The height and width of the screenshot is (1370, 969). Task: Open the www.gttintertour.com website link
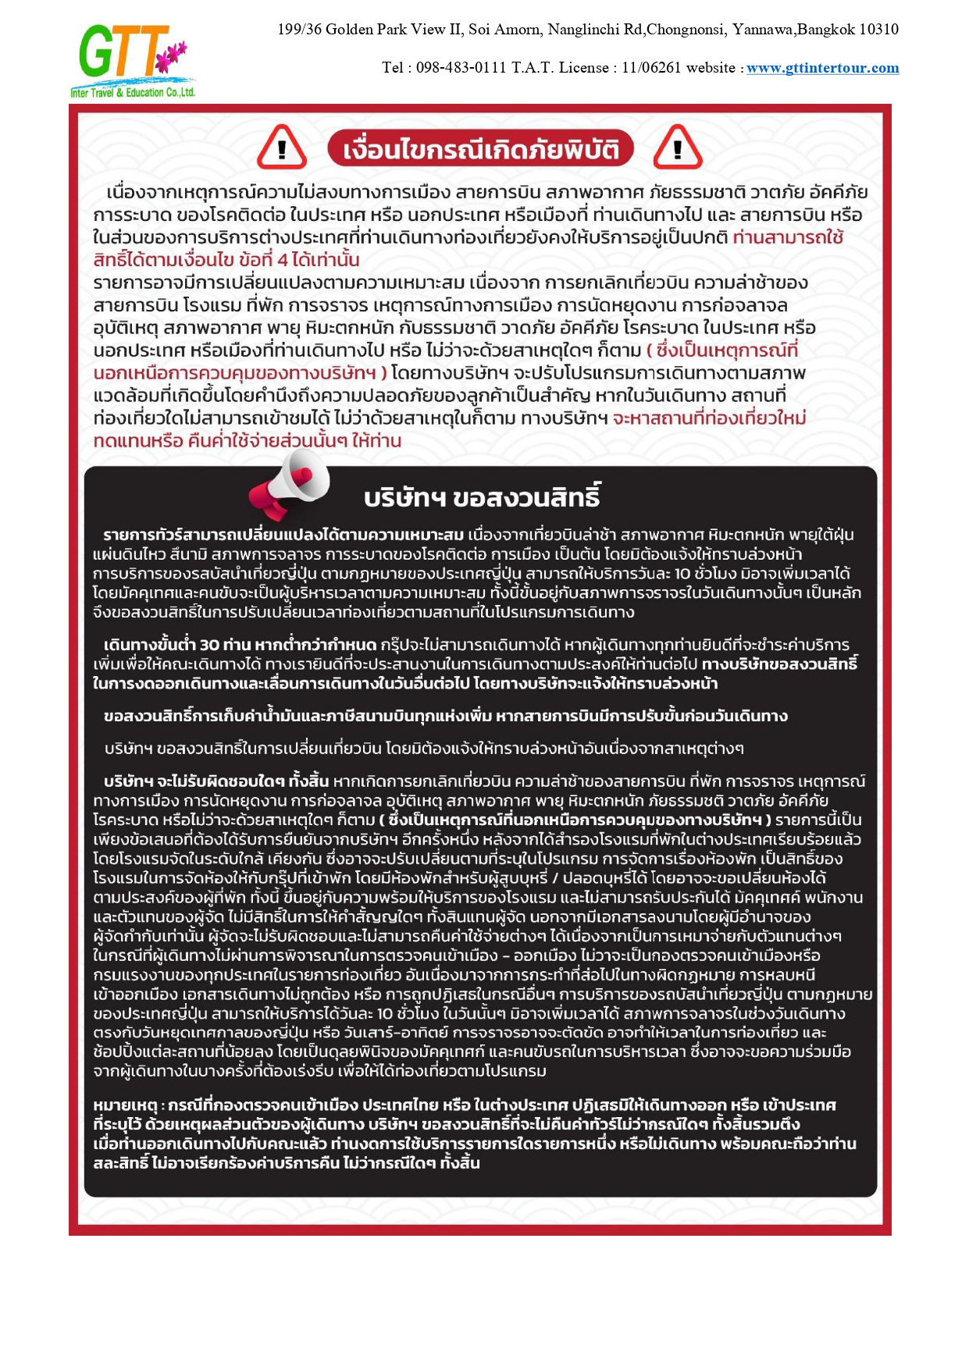click(822, 68)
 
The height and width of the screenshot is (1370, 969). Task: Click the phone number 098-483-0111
click(461, 68)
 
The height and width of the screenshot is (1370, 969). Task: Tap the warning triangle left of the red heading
click(282, 148)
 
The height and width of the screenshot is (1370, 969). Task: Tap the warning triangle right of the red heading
click(677, 148)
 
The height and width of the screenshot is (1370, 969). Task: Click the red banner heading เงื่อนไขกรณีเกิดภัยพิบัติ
click(479, 149)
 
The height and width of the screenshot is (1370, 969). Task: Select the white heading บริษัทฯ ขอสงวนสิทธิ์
click(483, 497)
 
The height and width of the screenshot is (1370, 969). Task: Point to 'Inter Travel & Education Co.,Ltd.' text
click(133, 93)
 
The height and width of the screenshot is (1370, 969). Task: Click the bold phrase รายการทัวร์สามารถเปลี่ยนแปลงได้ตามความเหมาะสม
click(283, 535)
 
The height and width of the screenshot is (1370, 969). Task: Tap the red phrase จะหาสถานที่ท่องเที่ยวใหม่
click(709, 418)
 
